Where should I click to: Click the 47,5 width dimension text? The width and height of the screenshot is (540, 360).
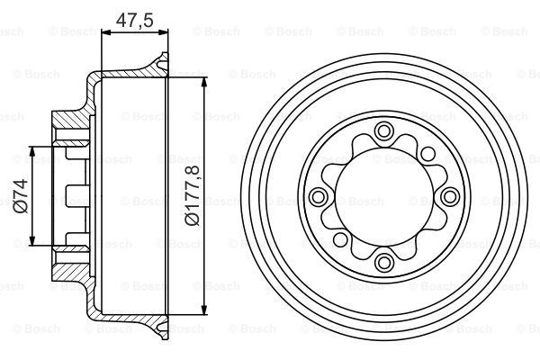[x=135, y=21]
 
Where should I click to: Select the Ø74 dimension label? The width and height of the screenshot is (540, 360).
[x=21, y=195]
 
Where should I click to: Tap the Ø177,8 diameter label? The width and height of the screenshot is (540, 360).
[x=193, y=195]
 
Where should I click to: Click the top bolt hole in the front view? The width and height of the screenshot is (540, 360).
[x=383, y=131]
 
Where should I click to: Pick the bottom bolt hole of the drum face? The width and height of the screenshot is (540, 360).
[x=383, y=263]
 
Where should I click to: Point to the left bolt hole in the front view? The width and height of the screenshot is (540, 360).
[x=318, y=197]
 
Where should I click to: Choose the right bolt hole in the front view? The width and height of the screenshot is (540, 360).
[x=449, y=197]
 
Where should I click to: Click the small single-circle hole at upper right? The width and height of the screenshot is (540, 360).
[x=428, y=154]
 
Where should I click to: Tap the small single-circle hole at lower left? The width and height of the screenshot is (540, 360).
[x=340, y=239]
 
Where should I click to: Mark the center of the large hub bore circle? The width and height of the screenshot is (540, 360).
[x=383, y=197]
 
